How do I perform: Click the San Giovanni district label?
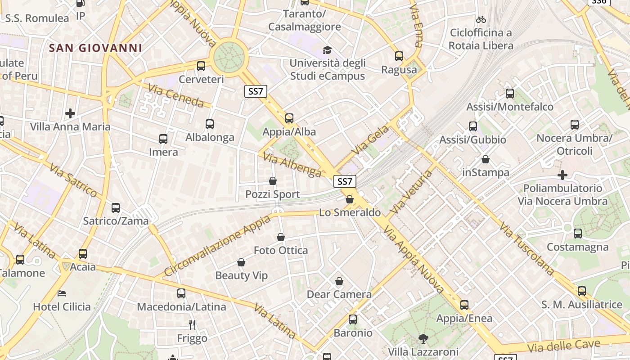click(x=95, y=48)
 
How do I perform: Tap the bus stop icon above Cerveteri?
click(x=201, y=66)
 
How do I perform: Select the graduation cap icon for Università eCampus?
click(x=327, y=50)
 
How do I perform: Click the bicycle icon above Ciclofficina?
click(x=481, y=19)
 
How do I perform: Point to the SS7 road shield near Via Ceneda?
click(x=256, y=91)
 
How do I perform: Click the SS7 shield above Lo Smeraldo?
click(x=345, y=181)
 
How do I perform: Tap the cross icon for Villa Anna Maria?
click(x=70, y=113)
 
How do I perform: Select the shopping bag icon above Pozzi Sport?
click(x=273, y=181)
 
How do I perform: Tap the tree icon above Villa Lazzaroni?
click(x=423, y=338)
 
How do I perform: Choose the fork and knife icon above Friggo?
click(x=192, y=324)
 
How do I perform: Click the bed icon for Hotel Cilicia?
click(x=62, y=293)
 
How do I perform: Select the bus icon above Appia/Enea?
click(x=464, y=305)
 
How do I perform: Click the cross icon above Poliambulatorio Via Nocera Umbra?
click(x=562, y=175)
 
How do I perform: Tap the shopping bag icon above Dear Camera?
click(x=339, y=281)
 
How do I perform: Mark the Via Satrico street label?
click(x=73, y=180)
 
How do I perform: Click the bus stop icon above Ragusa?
click(x=399, y=56)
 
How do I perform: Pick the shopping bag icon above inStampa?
click(x=486, y=159)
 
